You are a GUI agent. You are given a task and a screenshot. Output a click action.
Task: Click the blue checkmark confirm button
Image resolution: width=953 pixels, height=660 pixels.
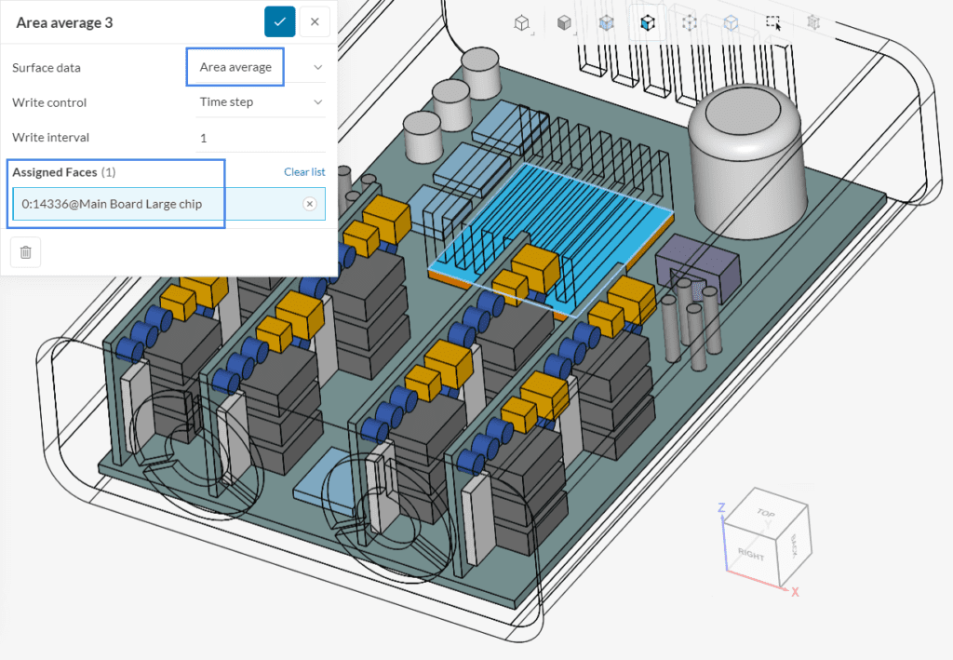(x=279, y=21)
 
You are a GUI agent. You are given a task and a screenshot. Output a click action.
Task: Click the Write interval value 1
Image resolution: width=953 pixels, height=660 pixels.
(x=203, y=137)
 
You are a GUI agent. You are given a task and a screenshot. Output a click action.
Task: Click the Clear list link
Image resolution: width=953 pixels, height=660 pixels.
(x=304, y=172)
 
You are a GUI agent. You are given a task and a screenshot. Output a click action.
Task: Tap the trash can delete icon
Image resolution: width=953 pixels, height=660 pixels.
(x=25, y=252)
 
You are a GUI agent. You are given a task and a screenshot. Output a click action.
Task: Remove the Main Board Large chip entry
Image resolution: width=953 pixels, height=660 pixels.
(x=310, y=204)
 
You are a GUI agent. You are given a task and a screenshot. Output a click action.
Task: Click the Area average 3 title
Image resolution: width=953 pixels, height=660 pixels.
(x=64, y=22)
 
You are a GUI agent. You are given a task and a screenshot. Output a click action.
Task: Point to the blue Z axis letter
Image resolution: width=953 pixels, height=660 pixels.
(x=720, y=507)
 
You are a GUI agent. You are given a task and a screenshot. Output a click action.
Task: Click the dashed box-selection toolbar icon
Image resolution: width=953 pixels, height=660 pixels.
(x=772, y=22)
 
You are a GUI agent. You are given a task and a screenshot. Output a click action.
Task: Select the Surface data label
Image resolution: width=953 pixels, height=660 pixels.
(x=46, y=67)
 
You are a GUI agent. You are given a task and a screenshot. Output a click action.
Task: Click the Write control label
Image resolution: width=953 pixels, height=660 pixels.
(x=49, y=102)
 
